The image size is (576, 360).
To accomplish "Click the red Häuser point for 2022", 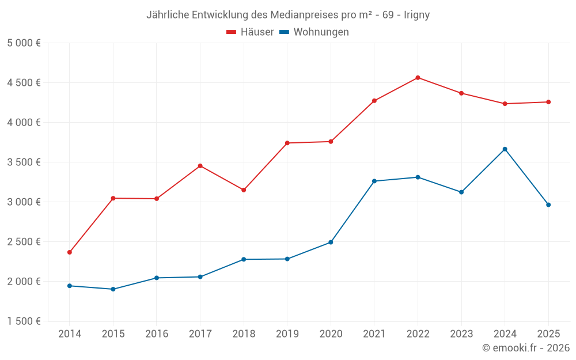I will click(418, 78).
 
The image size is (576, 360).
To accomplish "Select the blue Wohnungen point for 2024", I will click(505, 149).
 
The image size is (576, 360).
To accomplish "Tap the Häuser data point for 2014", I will click(70, 252).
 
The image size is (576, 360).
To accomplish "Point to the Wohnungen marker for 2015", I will click(113, 289).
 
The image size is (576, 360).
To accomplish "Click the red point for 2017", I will click(200, 166).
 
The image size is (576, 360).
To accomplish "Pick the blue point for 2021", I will click(374, 181).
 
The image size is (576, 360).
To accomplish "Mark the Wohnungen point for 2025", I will click(548, 205).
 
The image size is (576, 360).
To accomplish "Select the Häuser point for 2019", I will click(287, 143).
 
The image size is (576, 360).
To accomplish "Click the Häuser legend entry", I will click(250, 32).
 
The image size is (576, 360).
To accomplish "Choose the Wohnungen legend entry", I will click(314, 32).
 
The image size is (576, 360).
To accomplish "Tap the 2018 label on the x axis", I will click(244, 334).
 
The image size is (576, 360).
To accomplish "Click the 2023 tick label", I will click(461, 334).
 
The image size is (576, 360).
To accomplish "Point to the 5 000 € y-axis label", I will click(24, 43).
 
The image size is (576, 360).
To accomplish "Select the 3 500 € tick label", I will click(24, 162).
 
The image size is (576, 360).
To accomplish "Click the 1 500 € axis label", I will click(24, 321).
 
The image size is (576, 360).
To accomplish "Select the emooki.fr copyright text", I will click(526, 348).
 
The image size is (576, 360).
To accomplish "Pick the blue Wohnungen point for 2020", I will click(331, 242).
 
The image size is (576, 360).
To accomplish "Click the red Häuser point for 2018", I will click(244, 190).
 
